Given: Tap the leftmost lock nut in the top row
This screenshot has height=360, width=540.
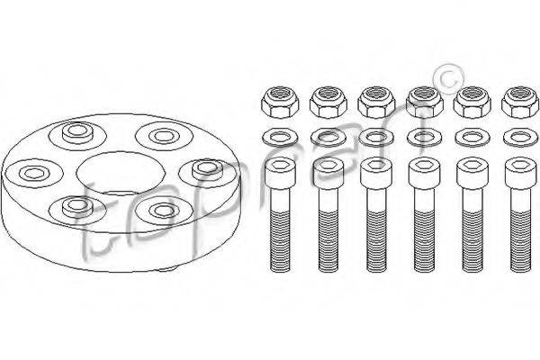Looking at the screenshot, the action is pyautogui.click(x=280, y=103).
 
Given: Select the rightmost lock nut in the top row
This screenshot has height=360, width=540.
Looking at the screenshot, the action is pyautogui.click(x=520, y=103).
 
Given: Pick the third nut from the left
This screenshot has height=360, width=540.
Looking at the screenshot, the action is pyautogui.click(x=376, y=103).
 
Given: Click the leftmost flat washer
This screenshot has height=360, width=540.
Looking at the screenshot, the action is pyautogui.click(x=280, y=138).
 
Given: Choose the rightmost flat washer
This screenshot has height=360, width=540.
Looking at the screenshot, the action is pyautogui.click(x=520, y=138).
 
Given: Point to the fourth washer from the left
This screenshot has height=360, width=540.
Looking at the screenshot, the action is pyautogui.click(x=424, y=138).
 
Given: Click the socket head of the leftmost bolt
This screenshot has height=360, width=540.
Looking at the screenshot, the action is pyautogui.click(x=280, y=173).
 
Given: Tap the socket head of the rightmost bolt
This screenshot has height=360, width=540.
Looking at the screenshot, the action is pyautogui.click(x=520, y=173).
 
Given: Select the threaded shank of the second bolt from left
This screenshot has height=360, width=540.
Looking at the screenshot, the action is pyautogui.click(x=328, y=241).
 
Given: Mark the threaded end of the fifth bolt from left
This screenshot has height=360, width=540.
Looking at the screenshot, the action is pyautogui.click(x=472, y=241).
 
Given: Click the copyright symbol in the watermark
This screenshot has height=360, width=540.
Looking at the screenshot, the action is pyautogui.click(x=448, y=79).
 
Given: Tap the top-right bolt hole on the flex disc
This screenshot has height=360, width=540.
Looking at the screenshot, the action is pyautogui.click(x=164, y=136).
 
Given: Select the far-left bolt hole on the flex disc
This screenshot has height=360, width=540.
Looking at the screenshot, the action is pyautogui.click(x=32, y=173).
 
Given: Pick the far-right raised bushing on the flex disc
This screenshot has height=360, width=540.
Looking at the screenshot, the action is pyautogui.click(x=208, y=170).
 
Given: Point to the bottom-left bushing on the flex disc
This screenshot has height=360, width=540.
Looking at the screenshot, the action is pyautogui.click(x=76, y=207).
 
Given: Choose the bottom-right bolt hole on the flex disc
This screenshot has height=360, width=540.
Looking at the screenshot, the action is pyautogui.click(x=164, y=210).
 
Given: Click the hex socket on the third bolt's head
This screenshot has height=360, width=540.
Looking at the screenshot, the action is pyautogui.click(x=376, y=166).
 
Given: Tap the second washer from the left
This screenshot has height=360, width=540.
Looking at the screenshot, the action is pyautogui.click(x=328, y=138).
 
